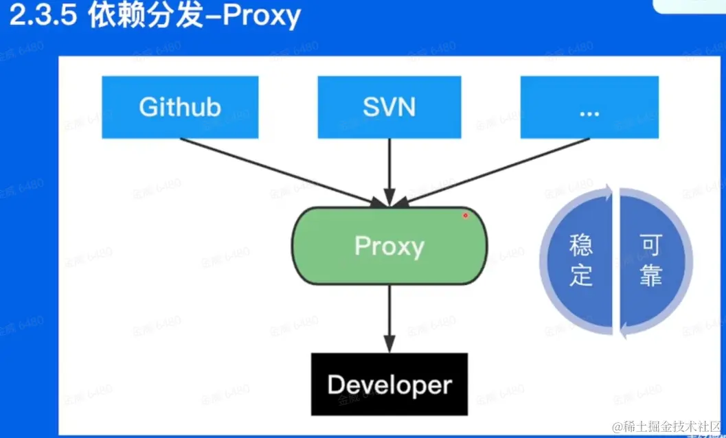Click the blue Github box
click(x=180, y=107)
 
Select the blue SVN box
click(x=389, y=107)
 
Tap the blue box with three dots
click(x=589, y=107)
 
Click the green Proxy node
click(x=389, y=246)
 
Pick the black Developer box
click(x=389, y=384)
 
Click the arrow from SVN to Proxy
click(x=389, y=172)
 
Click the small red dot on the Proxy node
click(x=465, y=216)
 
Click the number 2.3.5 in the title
click(x=43, y=16)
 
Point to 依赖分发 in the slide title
click(x=146, y=16)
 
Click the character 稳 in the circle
click(x=581, y=246)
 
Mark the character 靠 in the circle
click(x=650, y=276)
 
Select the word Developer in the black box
click(x=389, y=384)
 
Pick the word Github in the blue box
click(x=180, y=107)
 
